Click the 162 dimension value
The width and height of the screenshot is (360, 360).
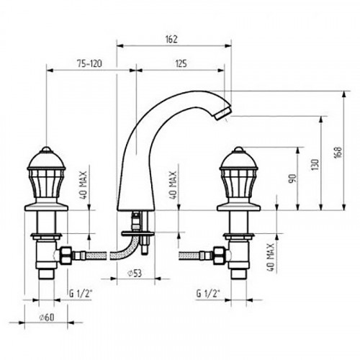[171, 39]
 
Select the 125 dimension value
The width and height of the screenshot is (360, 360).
[181, 63]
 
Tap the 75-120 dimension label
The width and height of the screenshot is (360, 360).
[89, 63]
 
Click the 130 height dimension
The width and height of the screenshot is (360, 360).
[315, 165]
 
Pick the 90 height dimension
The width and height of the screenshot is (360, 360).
[293, 179]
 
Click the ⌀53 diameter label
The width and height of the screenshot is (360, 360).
[135, 273]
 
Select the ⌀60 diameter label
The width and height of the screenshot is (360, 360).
[47, 318]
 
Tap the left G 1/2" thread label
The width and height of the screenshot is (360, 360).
[81, 293]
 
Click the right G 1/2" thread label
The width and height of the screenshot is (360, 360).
[208, 293]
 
